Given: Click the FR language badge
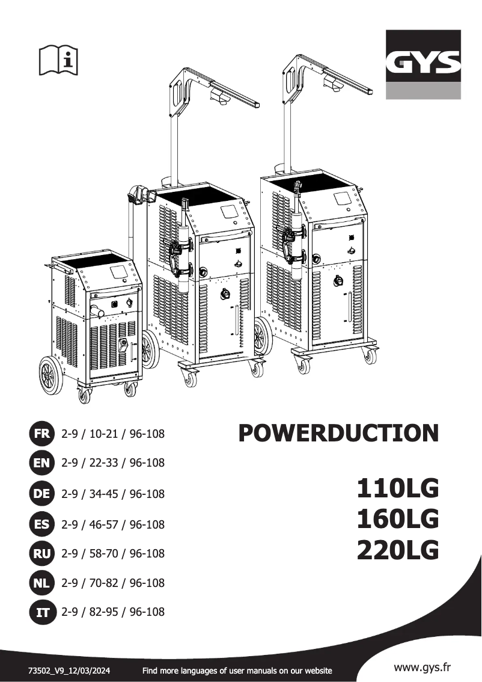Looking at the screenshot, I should (x=43, y=433).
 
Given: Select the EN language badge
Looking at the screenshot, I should (x=43, y=463).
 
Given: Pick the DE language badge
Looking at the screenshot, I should (x=43, y=494).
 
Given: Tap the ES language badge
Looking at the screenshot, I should (x=43, y=524).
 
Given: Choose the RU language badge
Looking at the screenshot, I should (x=43, y=553).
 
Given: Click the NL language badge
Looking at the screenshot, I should (x=43, y=583).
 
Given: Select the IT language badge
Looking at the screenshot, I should (x=43, y=613).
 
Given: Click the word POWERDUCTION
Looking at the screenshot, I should (x=338, y=433).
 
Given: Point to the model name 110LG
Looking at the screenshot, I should (x=398, y=488).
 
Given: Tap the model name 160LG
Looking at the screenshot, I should (x=398, y=519).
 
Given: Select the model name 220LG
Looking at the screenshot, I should (x=398, y=550).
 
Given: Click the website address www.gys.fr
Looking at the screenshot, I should (x=422, y=667).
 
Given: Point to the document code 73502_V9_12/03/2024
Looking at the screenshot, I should (x=69, y=670).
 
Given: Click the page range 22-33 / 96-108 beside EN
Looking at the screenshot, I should (x=113, y=463).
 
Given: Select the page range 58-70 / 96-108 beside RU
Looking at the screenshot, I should (x=113, y=553).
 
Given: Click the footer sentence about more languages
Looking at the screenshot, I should (x=237, y=670).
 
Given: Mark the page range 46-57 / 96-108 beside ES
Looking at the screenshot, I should (x=113, y=524).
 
